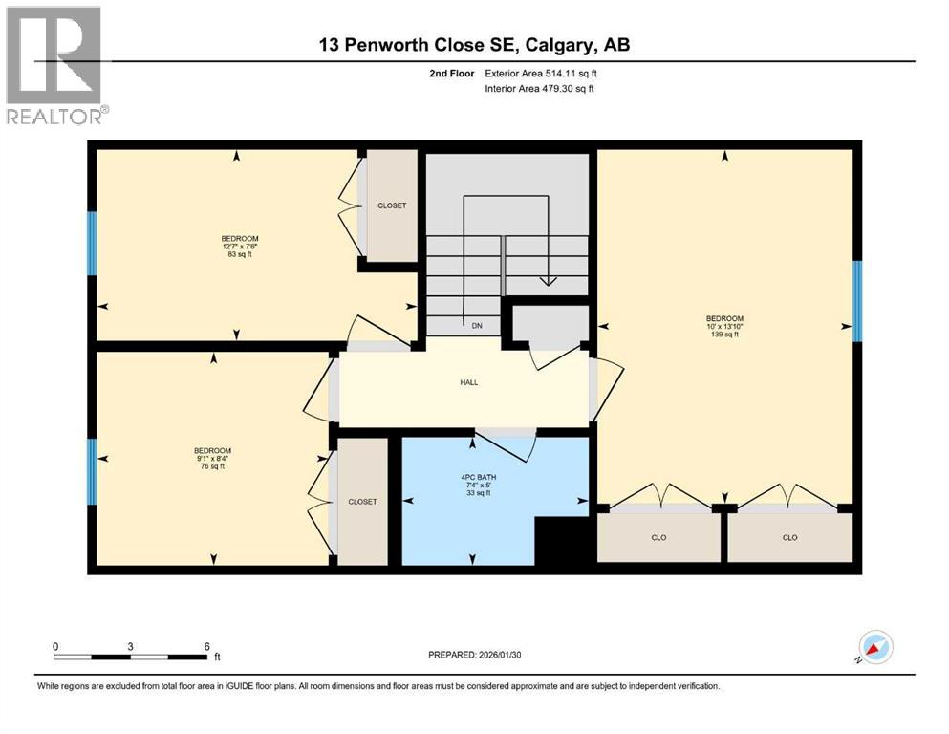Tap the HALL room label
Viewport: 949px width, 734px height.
click(467, 382)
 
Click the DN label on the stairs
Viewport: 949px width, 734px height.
click(476, 325)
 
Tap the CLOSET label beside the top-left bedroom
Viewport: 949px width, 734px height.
click(392, 205)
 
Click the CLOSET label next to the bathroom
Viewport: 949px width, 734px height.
click(362, 502)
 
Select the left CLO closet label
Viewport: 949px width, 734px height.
click(658, 538)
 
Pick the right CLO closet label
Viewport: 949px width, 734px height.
click(789, 538)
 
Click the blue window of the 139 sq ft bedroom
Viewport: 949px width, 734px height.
click(857, 300)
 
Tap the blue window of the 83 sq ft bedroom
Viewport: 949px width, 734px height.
click(93, 243)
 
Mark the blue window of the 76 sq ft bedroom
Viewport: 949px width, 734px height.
click(93, 471)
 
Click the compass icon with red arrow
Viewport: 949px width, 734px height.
click(875, 647)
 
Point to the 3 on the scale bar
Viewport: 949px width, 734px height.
click(129, 646)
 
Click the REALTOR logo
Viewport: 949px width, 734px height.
click(54, 65)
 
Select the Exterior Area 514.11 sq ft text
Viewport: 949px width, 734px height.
click(542, 73)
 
